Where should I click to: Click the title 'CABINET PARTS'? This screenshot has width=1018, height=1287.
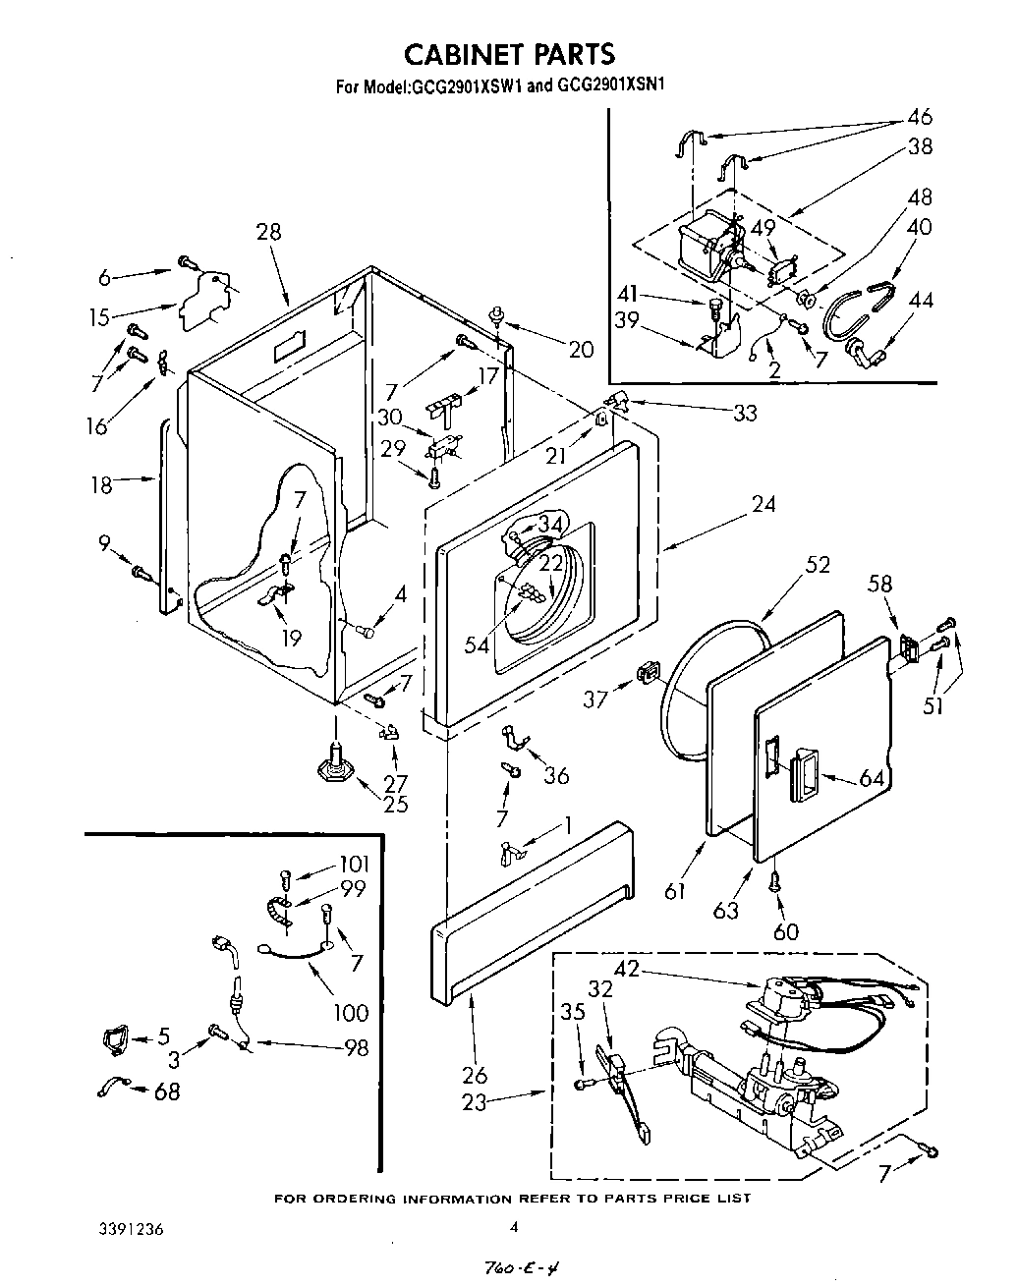tap(510, 53)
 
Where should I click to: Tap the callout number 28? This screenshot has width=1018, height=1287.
tap(267, 232)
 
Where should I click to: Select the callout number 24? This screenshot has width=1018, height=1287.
tap(763, 504)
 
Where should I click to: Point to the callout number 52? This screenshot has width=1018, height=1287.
tap(817, 565)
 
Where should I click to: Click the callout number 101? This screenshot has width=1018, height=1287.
tap(354, 865)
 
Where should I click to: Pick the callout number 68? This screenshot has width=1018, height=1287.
tap(167, 1091)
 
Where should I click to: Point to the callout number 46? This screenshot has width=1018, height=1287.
tap(919, 117)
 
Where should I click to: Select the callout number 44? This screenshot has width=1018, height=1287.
tap(921, 301)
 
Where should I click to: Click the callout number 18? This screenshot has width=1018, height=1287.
tap(102, 484)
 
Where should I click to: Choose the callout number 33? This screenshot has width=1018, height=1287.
tap(745, 414)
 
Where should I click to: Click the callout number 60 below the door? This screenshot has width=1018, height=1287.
tap(786, 931)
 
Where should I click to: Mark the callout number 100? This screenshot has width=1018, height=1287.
tap(350, 1012)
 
